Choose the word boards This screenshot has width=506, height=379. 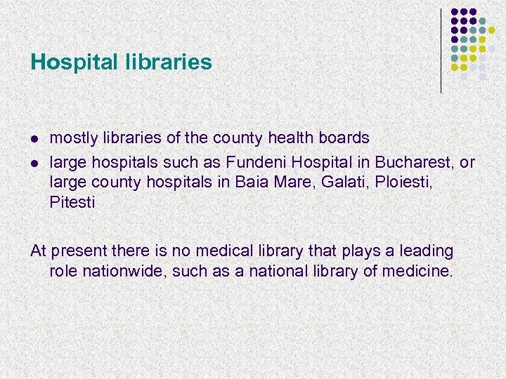pyautogui.click(x=344, y=138)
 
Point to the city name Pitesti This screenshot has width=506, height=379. pyautogui.click(x=72, y=203)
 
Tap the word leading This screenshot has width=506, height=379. pyautogui.click(x=426, y=251)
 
